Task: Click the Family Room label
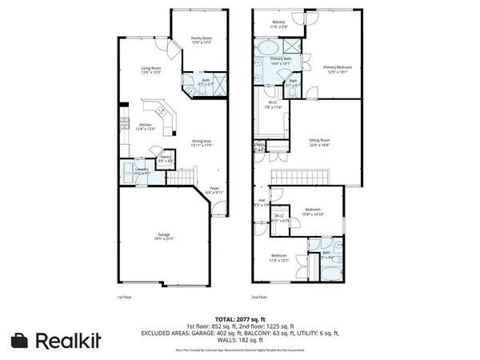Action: click(201, 38)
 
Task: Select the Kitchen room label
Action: click(145, 126)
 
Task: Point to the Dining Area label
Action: click(202, 142)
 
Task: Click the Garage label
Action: click(163, 236)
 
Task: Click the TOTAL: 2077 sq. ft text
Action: click(240, 318)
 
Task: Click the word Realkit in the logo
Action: click(68, 340)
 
